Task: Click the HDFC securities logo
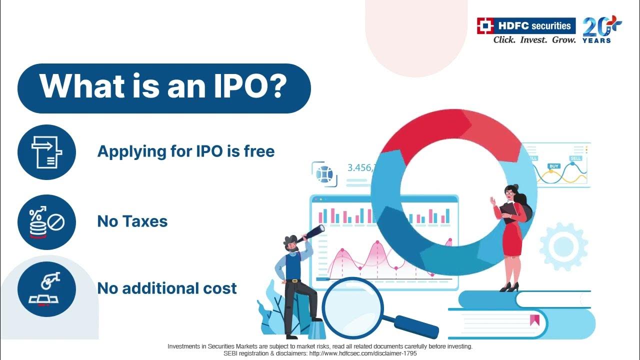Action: (525, 25)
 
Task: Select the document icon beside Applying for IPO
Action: (46, 152)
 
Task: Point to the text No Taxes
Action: (132, 221)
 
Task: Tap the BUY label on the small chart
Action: (553, 166)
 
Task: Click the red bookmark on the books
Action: (534, 319)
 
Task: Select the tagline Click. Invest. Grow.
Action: (534, 40)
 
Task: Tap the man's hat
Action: (290, 239)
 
